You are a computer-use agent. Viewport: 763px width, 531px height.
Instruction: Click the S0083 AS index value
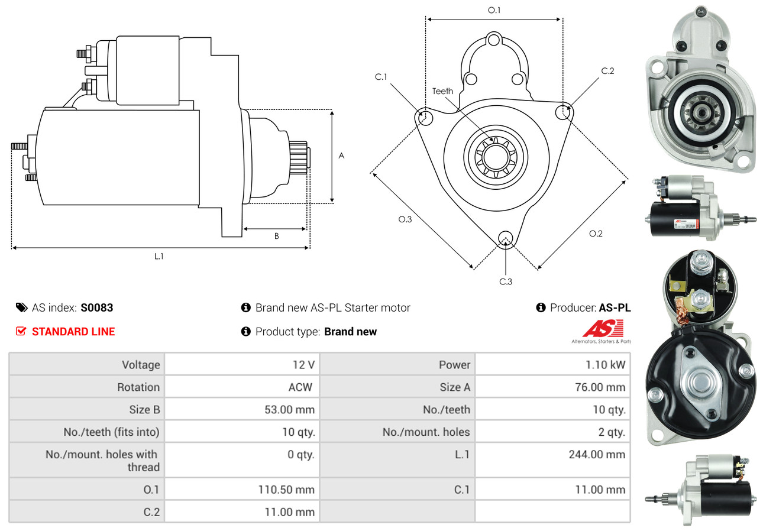click(x=96, y=307)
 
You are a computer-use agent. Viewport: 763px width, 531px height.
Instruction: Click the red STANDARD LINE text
click(x=73, y=332)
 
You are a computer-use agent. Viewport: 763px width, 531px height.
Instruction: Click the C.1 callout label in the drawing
click(x=380, y=77)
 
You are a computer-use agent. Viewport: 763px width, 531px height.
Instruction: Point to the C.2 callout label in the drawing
click(x=607, y=71)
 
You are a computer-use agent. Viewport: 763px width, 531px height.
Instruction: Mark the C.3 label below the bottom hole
click(x=506, y=281)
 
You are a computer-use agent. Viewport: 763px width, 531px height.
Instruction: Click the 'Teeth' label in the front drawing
click(x=442, y=91)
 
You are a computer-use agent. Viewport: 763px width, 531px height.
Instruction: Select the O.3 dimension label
click(x=405, y=219)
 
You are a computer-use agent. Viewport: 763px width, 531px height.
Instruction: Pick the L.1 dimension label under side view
click(x=159, y=256)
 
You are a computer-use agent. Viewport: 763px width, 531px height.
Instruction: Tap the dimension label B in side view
click(x=276, y=236)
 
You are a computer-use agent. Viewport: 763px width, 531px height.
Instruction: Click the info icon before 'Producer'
click(x=540, y=307)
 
